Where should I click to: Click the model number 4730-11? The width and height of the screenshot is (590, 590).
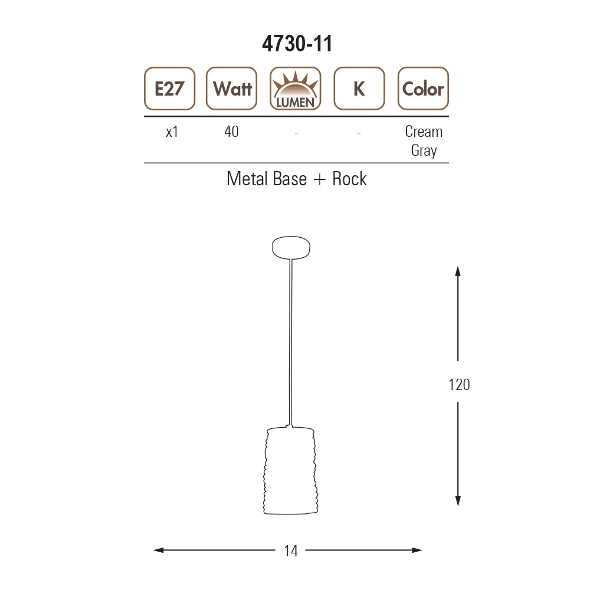(x=297, y=44)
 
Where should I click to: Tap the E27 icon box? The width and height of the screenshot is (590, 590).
(x=170, y=89)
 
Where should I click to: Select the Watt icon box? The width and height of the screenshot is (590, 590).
(x=232, y=89)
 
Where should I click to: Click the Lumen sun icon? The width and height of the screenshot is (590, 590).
(x=296, y=89)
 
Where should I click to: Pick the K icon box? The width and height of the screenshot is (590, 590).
(x=359, y=89)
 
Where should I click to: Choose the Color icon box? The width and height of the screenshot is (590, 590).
(x=423, y=89)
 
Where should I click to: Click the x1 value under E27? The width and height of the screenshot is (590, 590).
(x=172, y=132)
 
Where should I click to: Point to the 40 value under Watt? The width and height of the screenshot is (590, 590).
(x=231, y=132)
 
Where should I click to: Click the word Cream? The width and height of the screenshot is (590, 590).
(x=424, y=132)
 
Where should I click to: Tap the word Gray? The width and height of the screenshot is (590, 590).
(x=424, y=150)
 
